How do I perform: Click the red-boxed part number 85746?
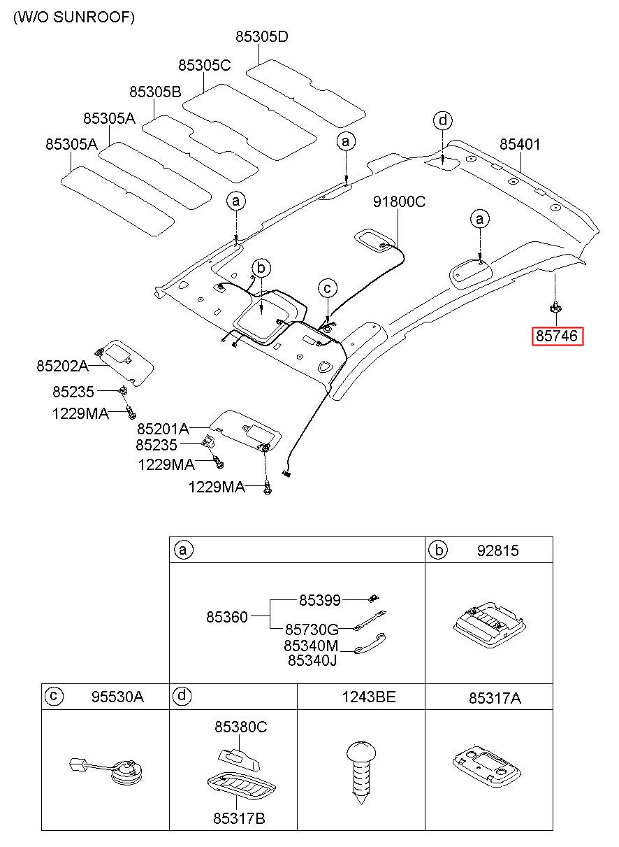(x=557, y=336)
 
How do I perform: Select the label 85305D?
(x=262, y=36)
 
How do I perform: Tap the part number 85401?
(x=520, y=144)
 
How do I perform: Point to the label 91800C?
(x=399, y=201)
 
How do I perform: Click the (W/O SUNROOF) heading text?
(x=74, y=17)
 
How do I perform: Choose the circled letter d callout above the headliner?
(x=443, y=121)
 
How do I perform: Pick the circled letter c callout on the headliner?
(x=328, y=288)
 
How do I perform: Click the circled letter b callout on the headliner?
(x=261, y=269)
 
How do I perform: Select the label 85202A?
(x=62, y=366)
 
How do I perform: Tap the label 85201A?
(x=163, y=429)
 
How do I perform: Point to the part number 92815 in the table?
(x=497, y=550)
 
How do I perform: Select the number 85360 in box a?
(x=226, y=617)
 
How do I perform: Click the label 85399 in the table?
(x=319, y=600)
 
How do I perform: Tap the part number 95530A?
(x=117, y=697)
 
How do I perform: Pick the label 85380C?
(x=240, y=727)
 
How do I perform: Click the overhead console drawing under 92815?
(x=489, y=625)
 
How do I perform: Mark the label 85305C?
(x=204, y=66)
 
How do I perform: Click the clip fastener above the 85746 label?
(x=555, y=307)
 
